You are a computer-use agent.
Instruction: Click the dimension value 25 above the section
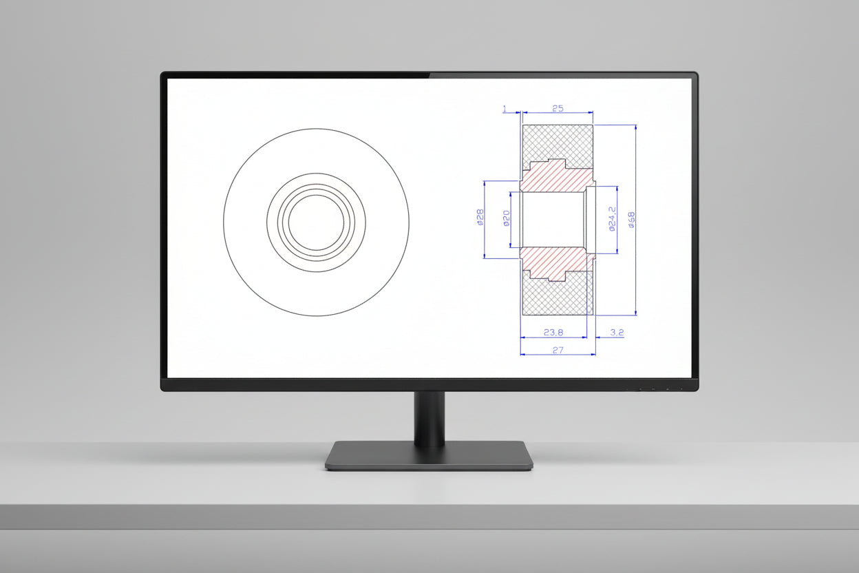click(558, 108)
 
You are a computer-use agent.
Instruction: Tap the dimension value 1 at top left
click(505, 109)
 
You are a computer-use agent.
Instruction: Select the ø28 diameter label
click(480, 217)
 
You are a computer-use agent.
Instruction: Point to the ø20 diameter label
click(506, 218)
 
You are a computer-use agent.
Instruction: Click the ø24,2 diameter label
click(612, 219)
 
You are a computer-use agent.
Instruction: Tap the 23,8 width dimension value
click(553, 333)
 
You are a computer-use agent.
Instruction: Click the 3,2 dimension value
click(617, 333)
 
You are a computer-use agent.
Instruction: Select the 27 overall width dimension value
click(558, 350)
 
